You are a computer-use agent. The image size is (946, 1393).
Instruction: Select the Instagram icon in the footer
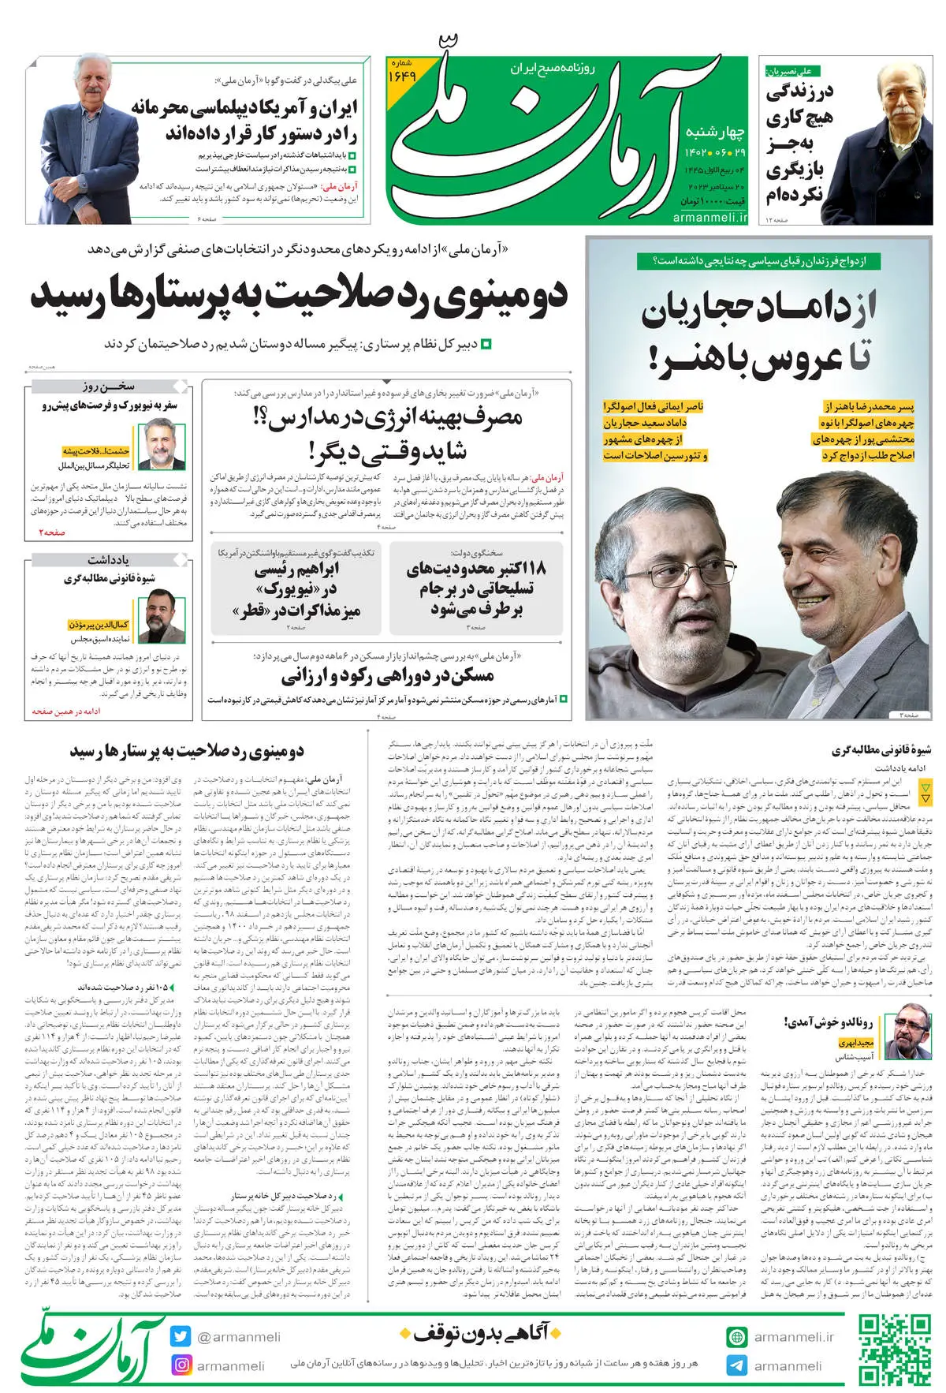(x=181, y=1365)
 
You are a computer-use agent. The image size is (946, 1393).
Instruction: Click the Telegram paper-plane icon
(x=736, y=1365)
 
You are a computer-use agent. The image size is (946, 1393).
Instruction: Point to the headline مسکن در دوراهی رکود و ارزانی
(x=388, y=676)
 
